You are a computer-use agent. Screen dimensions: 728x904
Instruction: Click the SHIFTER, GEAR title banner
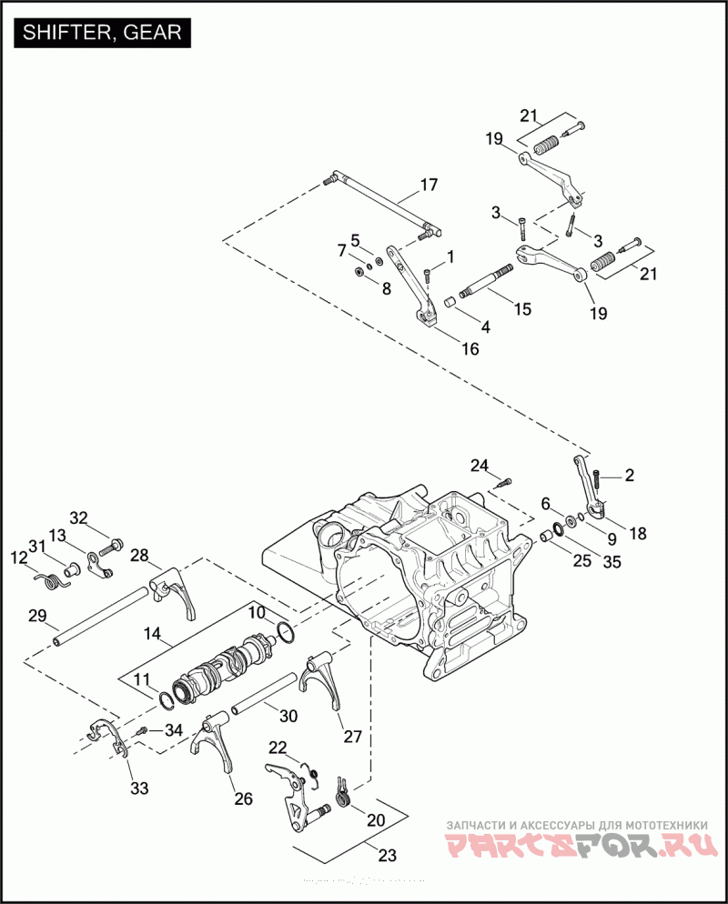pos(102,33)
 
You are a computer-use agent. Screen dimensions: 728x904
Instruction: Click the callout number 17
pos(429,185)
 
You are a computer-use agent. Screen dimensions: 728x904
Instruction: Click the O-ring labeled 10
pos(286,632)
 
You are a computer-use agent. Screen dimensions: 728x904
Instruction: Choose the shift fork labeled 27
pos(320,680)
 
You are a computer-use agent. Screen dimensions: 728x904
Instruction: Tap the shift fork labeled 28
pos(173,593)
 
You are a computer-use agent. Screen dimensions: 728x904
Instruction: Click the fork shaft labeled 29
pos(99,617)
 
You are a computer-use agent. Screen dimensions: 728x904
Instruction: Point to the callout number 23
pos(387,854)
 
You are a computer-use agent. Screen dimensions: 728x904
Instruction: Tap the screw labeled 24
pos(503,483)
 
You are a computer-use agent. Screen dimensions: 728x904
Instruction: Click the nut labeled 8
pos(359,269)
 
